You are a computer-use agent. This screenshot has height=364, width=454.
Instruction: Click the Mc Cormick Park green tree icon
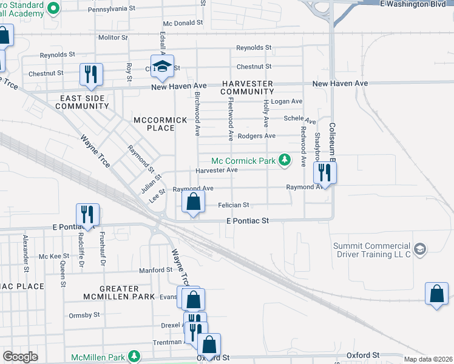click(283, 161)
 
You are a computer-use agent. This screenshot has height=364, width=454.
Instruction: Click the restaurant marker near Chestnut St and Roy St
click(91, 75)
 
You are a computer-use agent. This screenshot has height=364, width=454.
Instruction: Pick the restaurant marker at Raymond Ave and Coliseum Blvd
click(325, 173)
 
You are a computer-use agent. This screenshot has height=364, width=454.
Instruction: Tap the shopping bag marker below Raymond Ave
click(193, 203)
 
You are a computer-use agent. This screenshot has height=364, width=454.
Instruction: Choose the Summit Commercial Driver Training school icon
click(419, 249)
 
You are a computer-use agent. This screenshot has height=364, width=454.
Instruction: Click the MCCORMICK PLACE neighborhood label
click(160, 124)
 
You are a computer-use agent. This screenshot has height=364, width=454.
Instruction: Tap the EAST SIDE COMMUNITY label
click(82, 102)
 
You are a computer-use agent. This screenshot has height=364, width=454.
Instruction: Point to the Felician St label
click(234, 206)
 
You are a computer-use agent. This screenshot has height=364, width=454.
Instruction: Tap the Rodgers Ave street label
click(256, 136)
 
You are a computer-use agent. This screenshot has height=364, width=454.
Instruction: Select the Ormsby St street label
click(84, 315)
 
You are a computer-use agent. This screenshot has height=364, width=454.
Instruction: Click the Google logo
click(20, 357)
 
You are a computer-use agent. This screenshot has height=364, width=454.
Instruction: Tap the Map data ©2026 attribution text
click(427, 359)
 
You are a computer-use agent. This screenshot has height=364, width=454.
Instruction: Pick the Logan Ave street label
click(286, 101)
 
